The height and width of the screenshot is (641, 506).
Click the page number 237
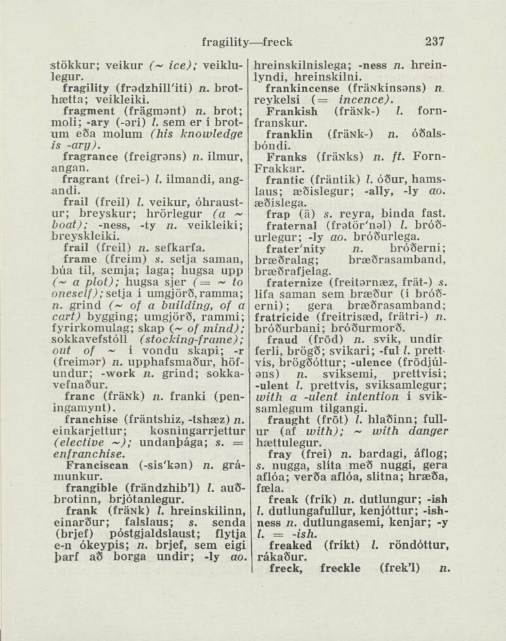(433, 41)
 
